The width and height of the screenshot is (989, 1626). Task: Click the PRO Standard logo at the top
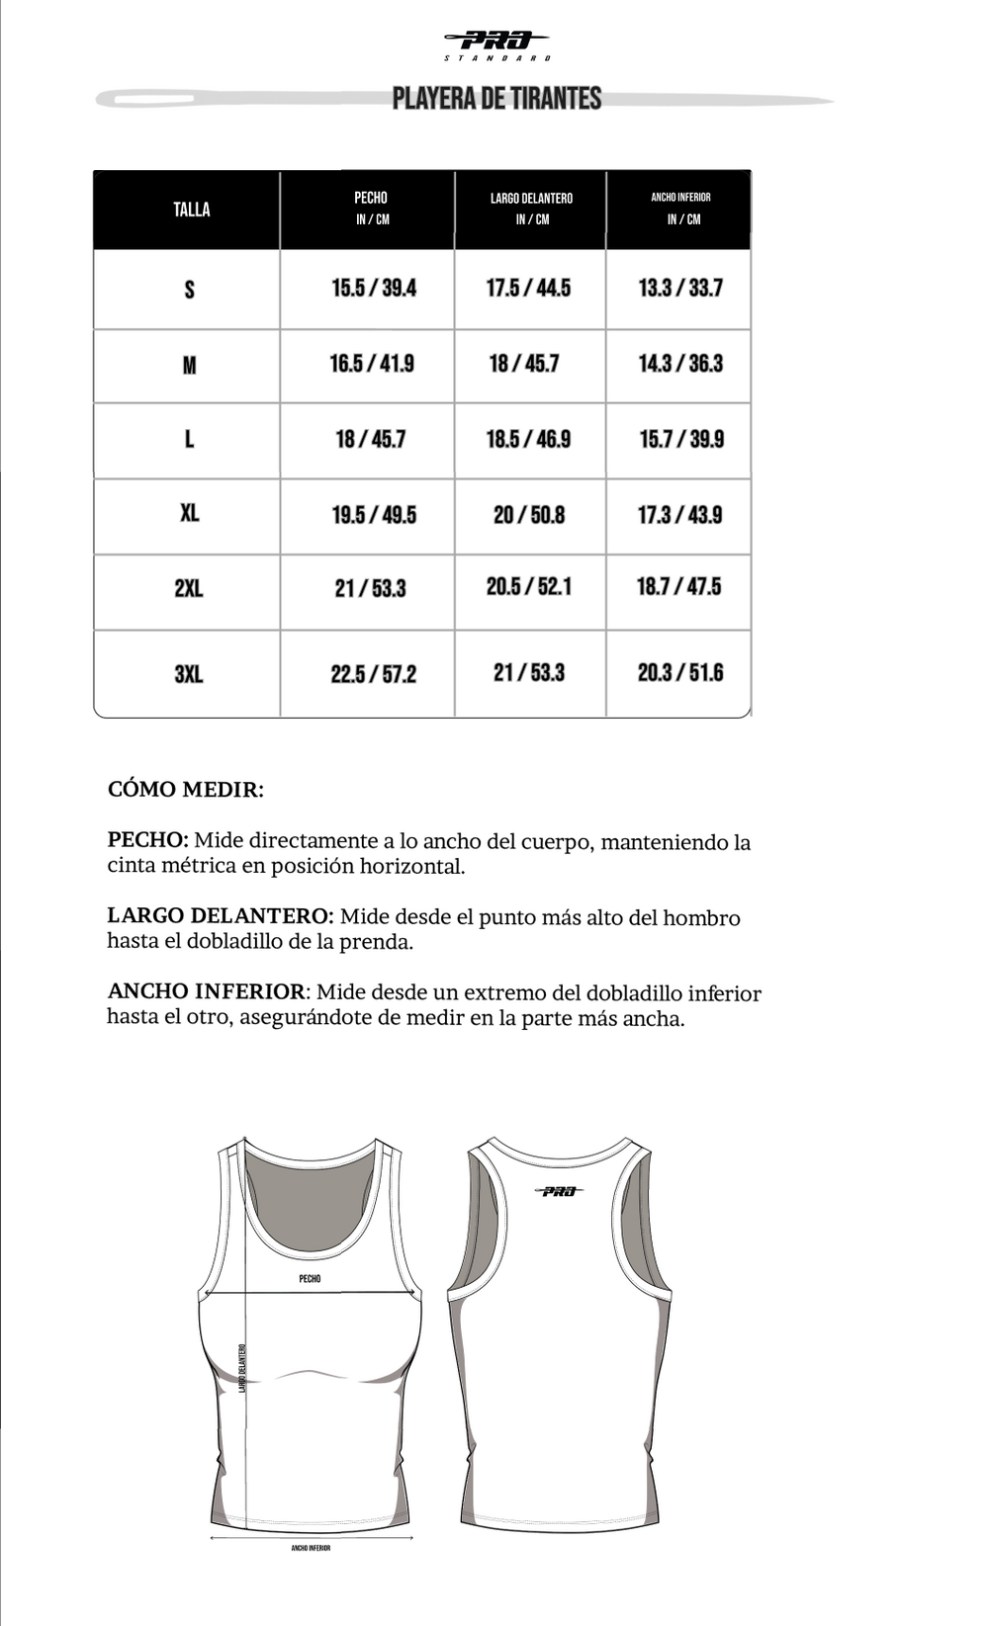coord(497,44)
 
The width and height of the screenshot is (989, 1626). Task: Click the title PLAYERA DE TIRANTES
coord(496,99)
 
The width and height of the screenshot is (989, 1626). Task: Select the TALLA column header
coord(191,210)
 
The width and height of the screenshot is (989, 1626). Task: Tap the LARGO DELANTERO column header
coord(531,209)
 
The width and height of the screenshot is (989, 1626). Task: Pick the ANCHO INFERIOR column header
coord(680,209)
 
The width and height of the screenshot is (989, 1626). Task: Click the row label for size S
coord(189,290)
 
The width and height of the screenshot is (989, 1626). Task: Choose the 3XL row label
coord(188,674)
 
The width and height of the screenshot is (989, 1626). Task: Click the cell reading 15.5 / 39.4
coord(373,289)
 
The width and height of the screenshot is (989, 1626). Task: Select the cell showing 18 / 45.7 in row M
coord(524,364)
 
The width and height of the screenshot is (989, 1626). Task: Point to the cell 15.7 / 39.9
coord(680,439)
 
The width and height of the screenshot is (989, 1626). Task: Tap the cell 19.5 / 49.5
coord(373,515)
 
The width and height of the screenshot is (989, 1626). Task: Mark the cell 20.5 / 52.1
coord(528,586)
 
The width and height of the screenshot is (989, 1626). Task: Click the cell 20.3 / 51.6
coord(680,673)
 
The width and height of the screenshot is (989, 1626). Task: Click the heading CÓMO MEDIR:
coord(186,789)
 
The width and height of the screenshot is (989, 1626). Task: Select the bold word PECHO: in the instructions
coord(147,840)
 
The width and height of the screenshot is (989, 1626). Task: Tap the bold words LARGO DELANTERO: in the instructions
coord(220,916)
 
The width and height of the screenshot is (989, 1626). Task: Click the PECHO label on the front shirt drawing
coord(310,1278)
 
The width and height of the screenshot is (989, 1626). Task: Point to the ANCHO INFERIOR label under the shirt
coord(311,1548)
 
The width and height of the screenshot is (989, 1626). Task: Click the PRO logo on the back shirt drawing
coord(559,1191)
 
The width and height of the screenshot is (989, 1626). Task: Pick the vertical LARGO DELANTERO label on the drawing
coord(242,1368)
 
